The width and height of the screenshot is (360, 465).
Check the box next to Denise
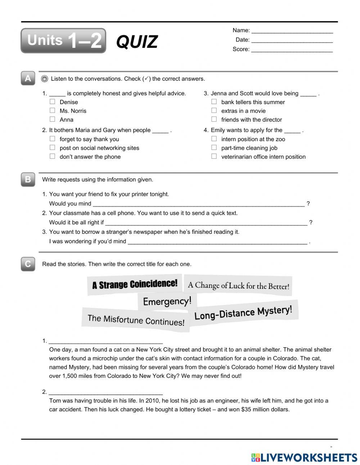[53, 102]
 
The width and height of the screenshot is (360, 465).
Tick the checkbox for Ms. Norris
[53, 111]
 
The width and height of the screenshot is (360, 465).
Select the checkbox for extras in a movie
[214, 111]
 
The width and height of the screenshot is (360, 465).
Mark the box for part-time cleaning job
[214, 148]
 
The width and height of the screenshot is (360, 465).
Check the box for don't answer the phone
[53, 156]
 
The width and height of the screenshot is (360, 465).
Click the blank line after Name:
[292, 31]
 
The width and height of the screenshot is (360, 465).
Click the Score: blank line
[292, 50]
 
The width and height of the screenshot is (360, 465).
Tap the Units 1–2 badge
[63, 41]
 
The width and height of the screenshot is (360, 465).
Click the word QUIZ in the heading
[137, 42]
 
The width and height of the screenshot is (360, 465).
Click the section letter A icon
[28, 79]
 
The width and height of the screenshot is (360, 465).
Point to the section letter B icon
[28, 179]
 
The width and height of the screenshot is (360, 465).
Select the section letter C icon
[28, 264]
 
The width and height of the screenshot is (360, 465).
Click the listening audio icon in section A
[45, 79]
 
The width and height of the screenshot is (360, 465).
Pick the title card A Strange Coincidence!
[135, 284]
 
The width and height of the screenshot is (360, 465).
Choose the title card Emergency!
[167, 301]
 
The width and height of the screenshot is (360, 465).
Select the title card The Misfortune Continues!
[136, 319]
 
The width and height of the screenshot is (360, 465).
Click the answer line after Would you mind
[198, 204]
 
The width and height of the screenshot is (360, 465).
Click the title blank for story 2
[105, 393]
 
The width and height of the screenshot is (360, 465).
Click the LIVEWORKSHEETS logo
[304, 457]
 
